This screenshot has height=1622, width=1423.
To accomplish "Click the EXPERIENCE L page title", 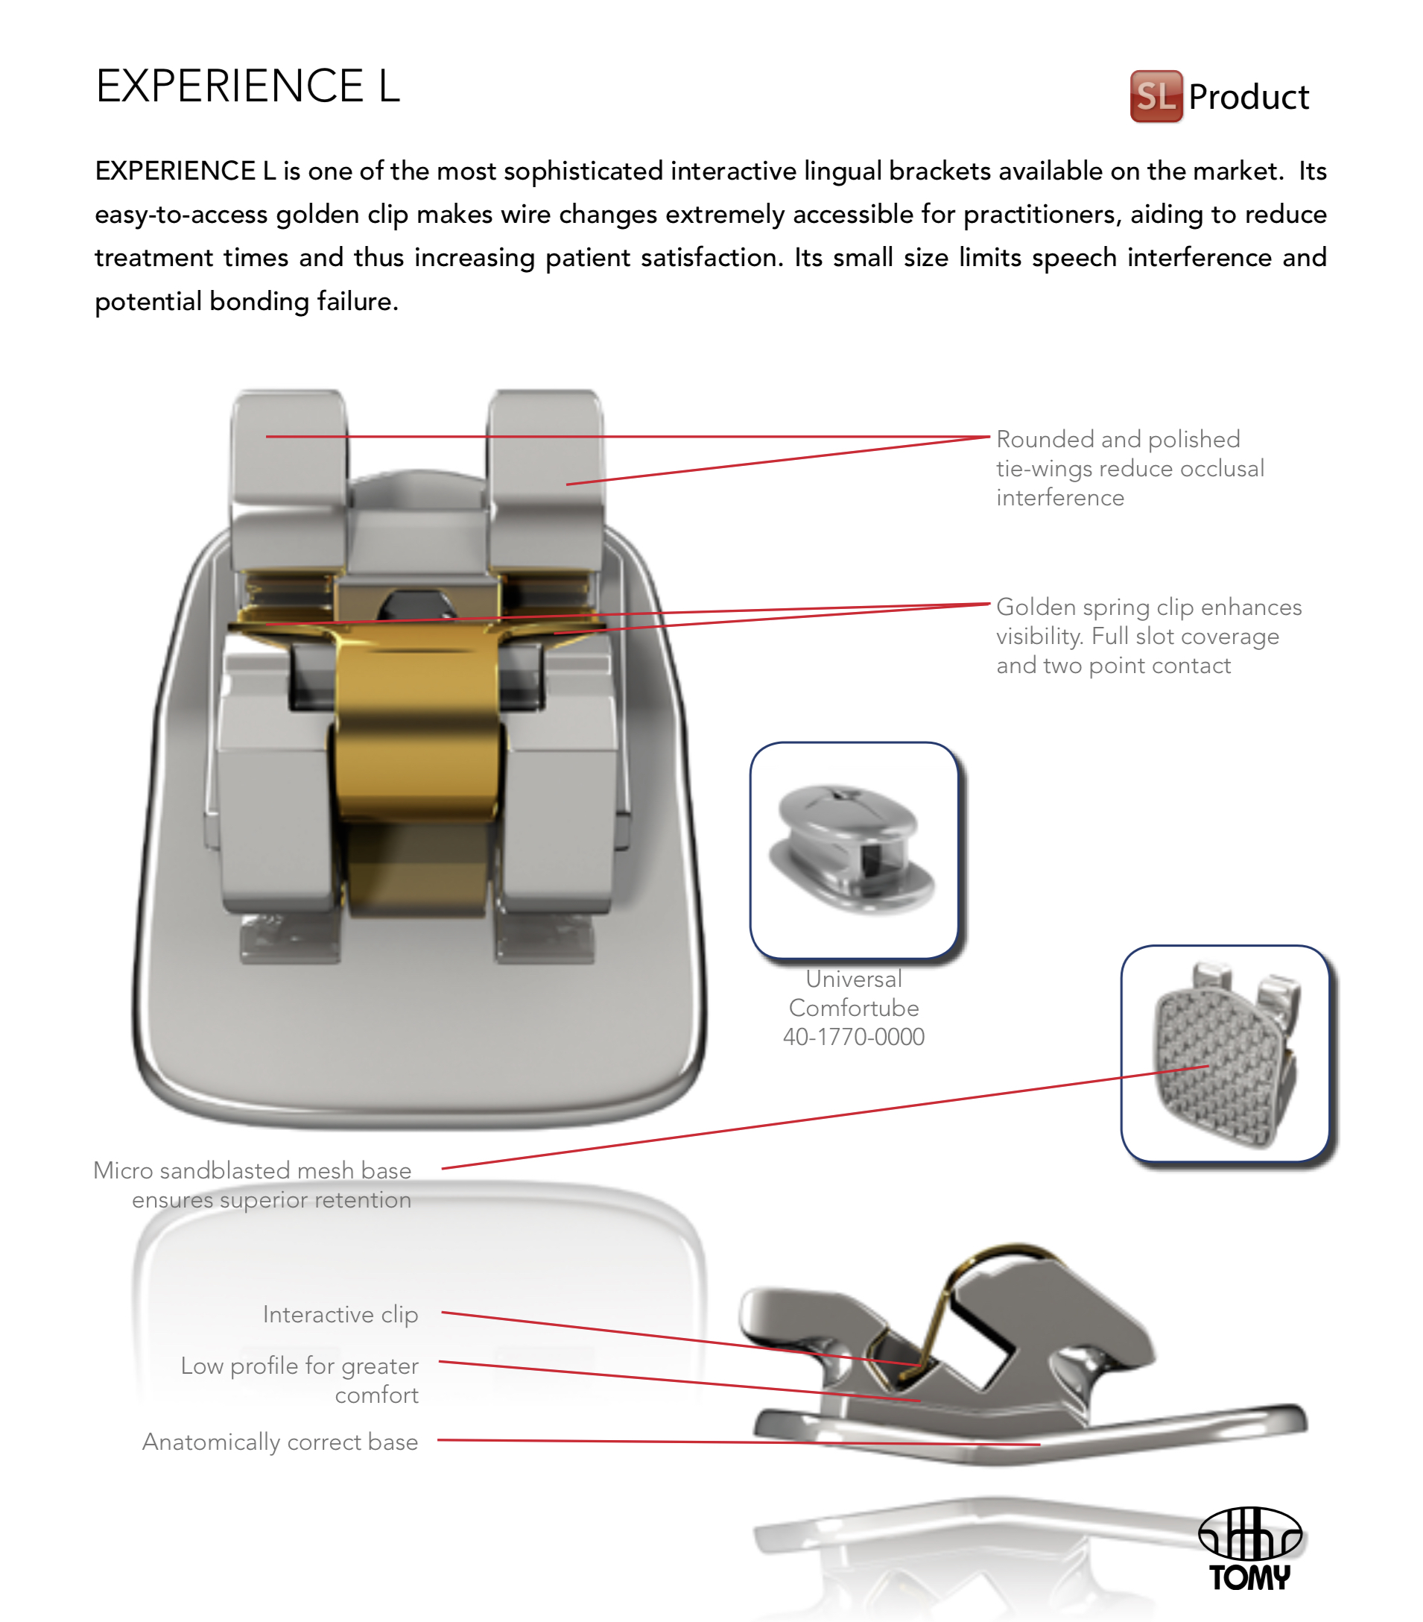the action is coord(247,86).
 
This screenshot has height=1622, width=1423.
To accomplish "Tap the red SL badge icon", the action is coord(1156,96).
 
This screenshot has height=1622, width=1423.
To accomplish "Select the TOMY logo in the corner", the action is coord(1249,1548).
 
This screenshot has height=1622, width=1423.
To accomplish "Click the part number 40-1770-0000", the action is coord(854,1036).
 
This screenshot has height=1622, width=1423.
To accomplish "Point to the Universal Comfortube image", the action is coord(855,850).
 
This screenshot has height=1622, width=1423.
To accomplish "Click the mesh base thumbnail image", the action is coord(1225,1053).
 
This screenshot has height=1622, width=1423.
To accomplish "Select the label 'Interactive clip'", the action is coord(340,1315).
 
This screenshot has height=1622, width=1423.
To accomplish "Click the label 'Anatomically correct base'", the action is coord(280,1442).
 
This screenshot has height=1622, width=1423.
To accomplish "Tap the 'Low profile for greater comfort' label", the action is coord(300,1380).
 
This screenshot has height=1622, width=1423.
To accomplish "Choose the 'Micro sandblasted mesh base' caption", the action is coord(253,1184).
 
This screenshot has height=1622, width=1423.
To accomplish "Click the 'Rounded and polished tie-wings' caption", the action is coord(1129,468).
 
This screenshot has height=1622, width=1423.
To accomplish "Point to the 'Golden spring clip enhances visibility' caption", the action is coord(1149,636).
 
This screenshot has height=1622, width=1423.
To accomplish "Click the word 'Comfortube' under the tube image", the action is coord(854,1008).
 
